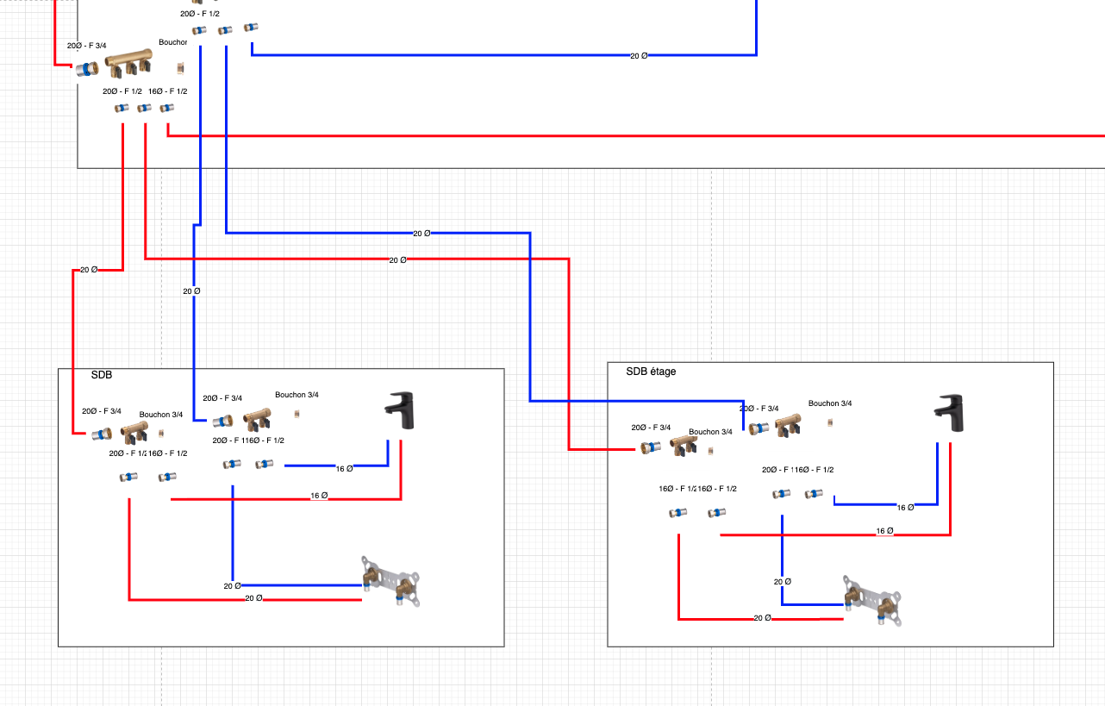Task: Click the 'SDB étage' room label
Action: point(651,372)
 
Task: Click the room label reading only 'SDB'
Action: point(102,375)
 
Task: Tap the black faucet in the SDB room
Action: point(399,410)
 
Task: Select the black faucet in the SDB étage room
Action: point(950,413)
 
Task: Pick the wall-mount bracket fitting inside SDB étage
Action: point(872,598)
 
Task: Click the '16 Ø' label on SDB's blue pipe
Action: point(344,469)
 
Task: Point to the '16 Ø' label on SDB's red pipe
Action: point(319,496)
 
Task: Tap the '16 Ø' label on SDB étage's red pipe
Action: point(884,531)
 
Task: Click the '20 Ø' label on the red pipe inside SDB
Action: point(253,597)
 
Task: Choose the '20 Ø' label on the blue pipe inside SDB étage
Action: point(782,582)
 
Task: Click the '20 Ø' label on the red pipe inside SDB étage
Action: point(763,618)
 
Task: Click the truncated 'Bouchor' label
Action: point(172,42)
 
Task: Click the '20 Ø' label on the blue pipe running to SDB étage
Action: point(421,234)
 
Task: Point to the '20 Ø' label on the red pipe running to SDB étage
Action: point(397,259)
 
